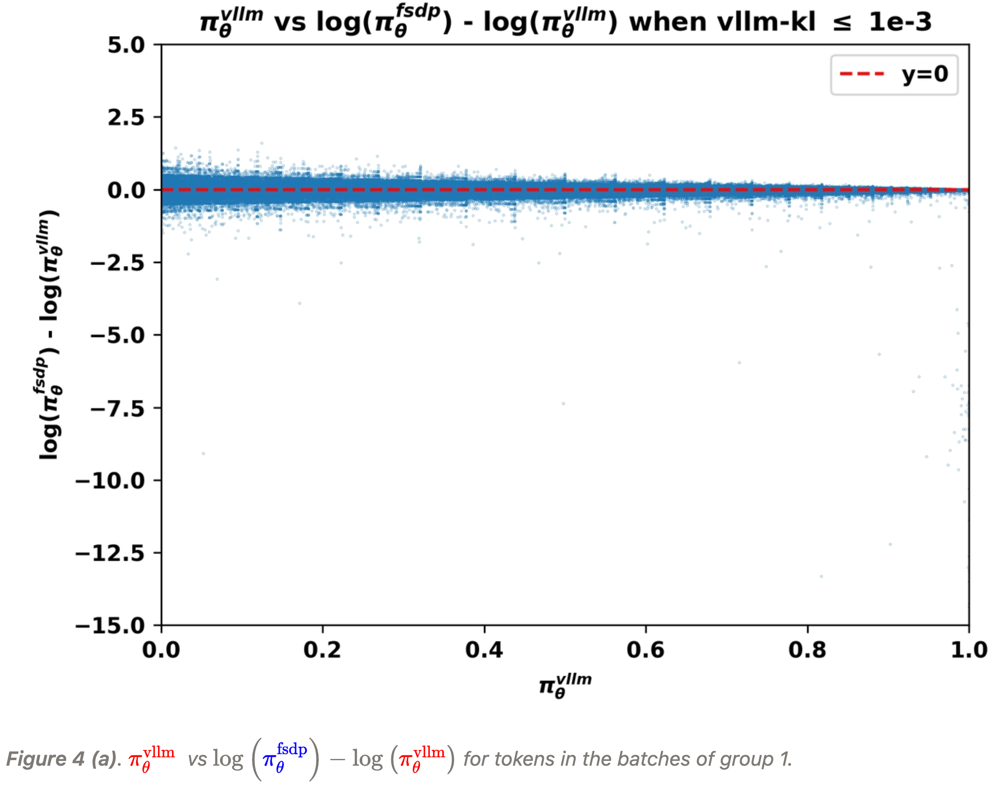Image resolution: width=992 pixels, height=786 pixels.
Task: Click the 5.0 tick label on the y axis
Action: (126, 45)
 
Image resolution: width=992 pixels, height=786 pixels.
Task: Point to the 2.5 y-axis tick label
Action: (126, 118)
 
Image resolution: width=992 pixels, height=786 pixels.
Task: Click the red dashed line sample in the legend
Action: (862, 74)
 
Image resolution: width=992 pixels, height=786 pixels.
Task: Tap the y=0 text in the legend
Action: (924, 74)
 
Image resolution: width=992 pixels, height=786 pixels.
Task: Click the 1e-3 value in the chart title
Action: (900, 22)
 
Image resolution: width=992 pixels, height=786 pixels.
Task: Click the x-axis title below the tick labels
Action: (565, 686)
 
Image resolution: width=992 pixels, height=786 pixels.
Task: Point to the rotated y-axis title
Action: (50, 334)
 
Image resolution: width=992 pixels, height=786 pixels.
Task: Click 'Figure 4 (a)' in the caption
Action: (60, 759)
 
